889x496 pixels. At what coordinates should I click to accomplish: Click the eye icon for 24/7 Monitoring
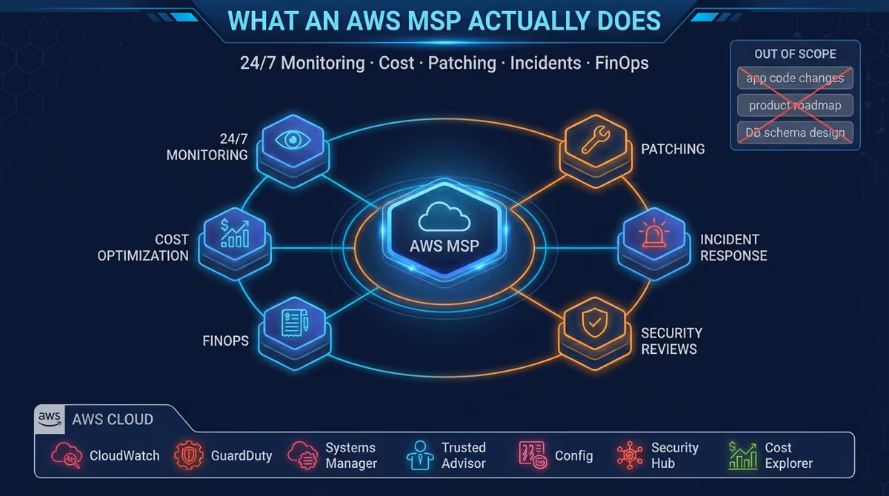coord(293,140)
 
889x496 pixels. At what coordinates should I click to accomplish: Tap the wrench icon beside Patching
coord(596,140)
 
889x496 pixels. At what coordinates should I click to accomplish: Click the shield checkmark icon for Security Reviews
coord(594,323)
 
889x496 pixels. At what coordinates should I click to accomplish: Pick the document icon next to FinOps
coord(295,323)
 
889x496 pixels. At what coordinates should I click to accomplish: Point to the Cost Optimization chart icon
coord(235,233)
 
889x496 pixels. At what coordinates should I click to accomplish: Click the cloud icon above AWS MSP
coord(444,216)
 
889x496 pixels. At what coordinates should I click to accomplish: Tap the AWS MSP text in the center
coord(444,247)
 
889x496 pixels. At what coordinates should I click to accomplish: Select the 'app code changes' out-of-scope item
coord(795,78)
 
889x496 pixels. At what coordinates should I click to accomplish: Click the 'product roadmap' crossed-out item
coord(795,105)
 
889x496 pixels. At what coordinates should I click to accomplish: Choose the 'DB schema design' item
coord(795,133)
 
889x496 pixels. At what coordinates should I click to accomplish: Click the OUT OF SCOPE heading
coord(795,54)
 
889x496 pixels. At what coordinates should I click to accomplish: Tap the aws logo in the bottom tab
coord(50,419)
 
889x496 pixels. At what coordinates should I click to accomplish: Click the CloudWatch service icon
coord(67,455)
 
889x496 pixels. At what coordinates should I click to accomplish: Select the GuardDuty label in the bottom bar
coord(242,455)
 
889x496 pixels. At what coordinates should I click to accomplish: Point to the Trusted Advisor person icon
coord(420,455)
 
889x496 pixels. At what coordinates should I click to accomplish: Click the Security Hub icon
coord(630,455)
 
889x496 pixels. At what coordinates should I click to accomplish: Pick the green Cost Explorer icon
coord(743,455)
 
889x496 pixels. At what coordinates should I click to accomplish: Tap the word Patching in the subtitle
coord(462,63)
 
